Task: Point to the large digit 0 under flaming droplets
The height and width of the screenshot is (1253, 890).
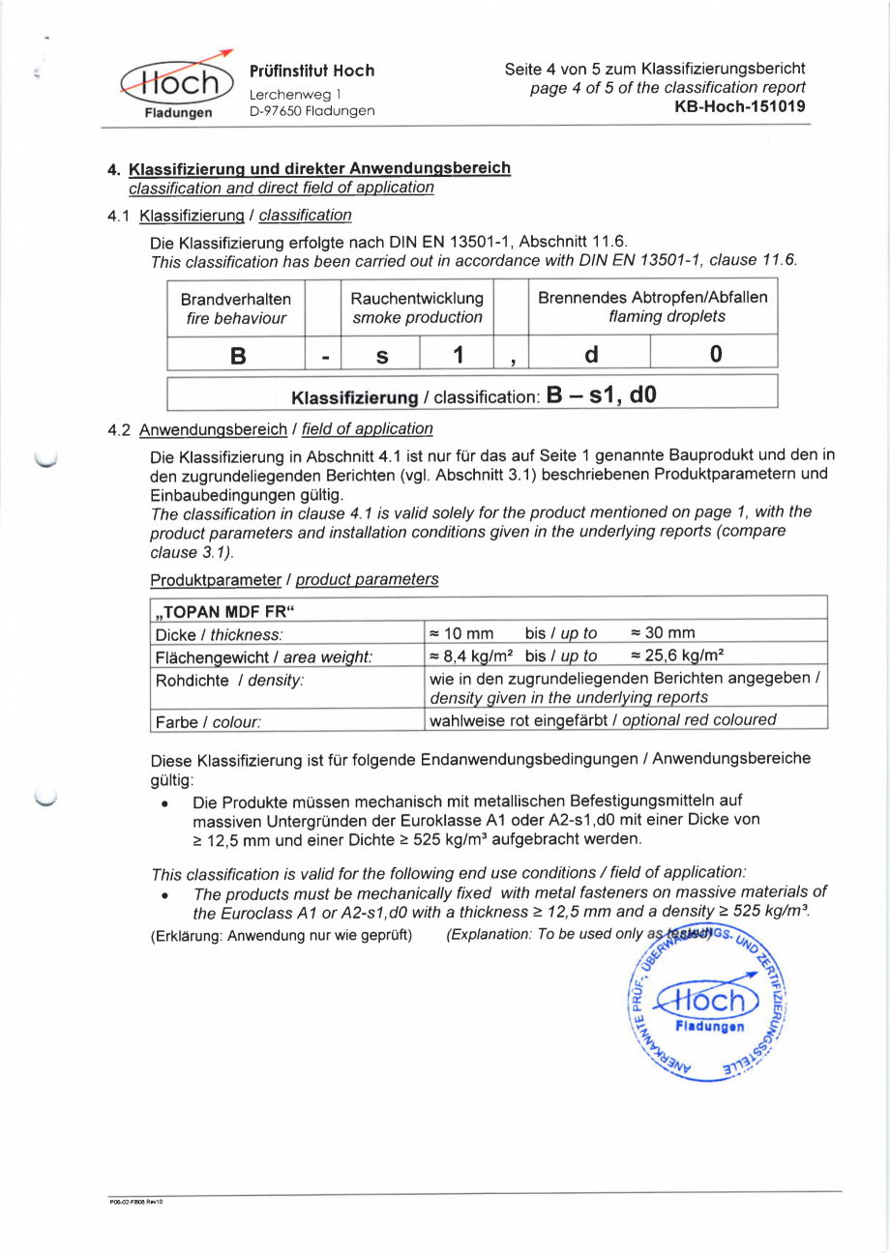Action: pyautogui.click(x=715, y=355)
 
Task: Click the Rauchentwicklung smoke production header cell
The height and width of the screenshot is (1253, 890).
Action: pyautogui.click(x=417, y=308)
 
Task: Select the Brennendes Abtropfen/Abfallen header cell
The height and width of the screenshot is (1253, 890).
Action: pyautogui.click(x=653, y=307)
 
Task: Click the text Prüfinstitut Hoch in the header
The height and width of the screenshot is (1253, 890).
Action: pyautogui.click(x=311, y=72)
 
